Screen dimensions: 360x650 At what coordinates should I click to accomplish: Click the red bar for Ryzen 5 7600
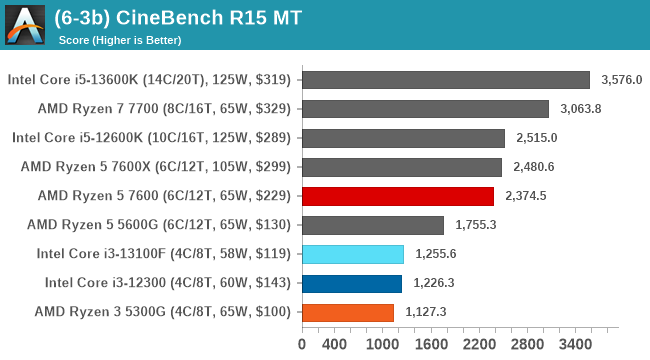pos(397,196)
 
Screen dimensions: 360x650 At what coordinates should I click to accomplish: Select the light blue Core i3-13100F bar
pos(352,254)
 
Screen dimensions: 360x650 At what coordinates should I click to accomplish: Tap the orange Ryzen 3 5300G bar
pos(347,312)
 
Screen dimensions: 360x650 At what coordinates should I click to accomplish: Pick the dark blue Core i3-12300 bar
pos(351,283)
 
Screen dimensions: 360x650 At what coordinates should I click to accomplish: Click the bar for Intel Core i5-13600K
pos(445,80)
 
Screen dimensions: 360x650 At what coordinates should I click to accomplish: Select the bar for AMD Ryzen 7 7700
pos(424,109)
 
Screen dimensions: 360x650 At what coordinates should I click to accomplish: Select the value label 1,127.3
pos(424,312)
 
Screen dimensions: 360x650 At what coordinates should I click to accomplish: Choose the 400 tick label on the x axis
pos(334,345)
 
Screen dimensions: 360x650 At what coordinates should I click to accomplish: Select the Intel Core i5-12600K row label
pos(151,138)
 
